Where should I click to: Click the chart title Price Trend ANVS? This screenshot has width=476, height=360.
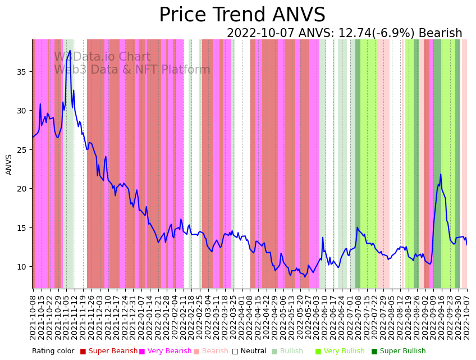(x=242, y=15)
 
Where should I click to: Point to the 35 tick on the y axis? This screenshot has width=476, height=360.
(x=23, y=72)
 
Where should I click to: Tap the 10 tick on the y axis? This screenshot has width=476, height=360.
(x=23, y=267)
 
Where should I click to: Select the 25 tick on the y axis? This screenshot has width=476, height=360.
(x=23, y=150)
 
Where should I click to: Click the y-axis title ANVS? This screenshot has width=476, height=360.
(x=9, y=165)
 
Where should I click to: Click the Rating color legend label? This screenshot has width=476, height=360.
(x=53, y=352)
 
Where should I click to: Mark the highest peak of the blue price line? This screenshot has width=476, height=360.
(x=70, y=51)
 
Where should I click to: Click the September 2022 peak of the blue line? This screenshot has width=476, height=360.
(x=441, y=174)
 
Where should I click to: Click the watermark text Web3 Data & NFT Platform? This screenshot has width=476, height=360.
(x=132, y=70)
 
